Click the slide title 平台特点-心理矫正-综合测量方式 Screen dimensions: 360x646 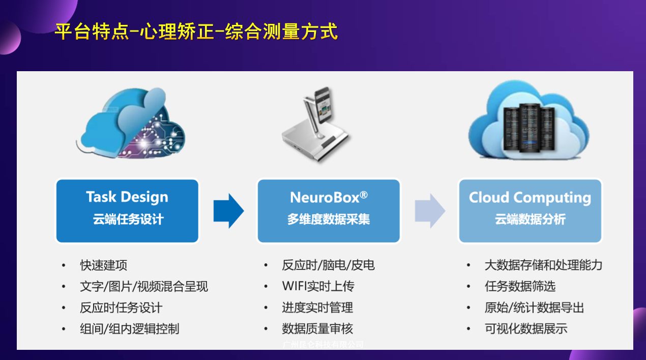click(x=196, y=32)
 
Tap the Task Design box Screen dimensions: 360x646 click(x=127, y=211)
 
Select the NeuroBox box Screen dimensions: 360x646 click(x=329, y=211)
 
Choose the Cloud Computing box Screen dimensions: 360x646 click(x=530, y=211)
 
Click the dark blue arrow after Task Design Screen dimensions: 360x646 click(x=228, y=211)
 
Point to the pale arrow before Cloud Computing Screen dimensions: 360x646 click(x=429, y=211)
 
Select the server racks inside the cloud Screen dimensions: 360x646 click(x=529, y=127)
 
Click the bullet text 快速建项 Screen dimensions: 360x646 click(x=104, y=265)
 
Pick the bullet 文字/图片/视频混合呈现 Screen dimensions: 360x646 click(x=144, y=286)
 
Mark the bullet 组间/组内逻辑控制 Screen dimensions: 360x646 click(x=130, y=328)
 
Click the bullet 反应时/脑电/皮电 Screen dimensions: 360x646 click(x=328, y=265)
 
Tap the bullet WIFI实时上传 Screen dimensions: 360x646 click(x=318, y=286)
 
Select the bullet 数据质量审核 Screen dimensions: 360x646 click(x=317, y=328)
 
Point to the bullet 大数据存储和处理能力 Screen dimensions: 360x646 click(x=543, y=265)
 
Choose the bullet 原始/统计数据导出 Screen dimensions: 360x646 click(x=534, y=308)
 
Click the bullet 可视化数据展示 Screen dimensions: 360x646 click(x=526, y=328)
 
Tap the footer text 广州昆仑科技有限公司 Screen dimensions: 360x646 click(x=323, y=345)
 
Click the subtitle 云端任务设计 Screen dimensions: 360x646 click(x=128, y=220)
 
